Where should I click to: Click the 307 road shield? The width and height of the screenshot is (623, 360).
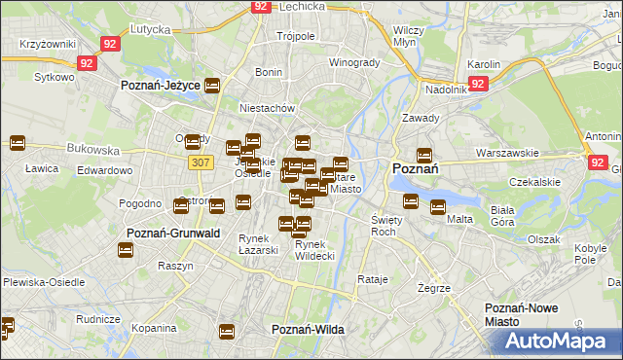pyautogui.click(x=201, y=162)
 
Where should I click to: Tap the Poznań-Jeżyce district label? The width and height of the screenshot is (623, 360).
pyautogui.click(x=161, y=86)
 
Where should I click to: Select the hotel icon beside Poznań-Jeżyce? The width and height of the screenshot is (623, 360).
pyautogui.click(x=213, y=86)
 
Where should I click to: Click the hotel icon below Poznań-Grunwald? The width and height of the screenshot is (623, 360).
pyautogui.click(x=127, y=250)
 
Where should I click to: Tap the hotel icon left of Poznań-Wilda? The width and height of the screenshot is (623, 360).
pyautogui.click(x=228, y=331)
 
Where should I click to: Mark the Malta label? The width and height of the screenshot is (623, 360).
pyautogui.click(x=459, y=219)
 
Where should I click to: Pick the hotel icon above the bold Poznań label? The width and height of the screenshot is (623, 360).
pyautogui.click(x=423, y=154)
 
